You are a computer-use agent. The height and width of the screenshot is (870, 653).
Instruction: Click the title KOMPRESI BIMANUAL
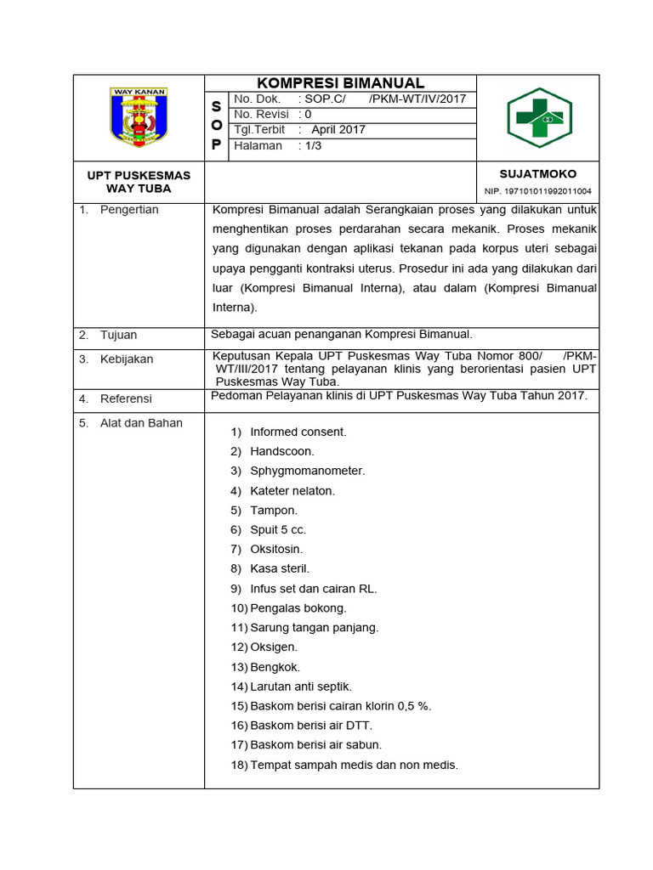tap(340, 82)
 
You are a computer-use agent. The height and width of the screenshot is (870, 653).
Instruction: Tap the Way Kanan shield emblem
tap(139, 116)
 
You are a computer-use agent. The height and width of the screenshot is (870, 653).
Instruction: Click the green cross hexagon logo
tap(539, 118)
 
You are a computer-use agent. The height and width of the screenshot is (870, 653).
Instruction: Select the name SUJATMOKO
tap(537, 174)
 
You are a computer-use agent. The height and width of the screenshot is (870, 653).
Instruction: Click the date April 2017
tap(338, 130)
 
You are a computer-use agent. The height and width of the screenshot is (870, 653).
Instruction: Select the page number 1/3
tap(309, 145)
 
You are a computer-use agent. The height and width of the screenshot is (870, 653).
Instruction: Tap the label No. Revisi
tap(262, 114)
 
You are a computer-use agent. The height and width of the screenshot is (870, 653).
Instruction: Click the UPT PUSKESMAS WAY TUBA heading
tap(139, 182)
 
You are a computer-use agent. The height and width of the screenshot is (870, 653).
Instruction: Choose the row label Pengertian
tap(129, 210)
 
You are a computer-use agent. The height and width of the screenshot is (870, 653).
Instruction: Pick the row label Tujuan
tap(118, 335)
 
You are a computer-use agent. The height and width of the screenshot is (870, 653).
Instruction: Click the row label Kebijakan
tap(127, 359)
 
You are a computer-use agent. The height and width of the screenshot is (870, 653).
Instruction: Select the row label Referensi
tap(126, 398)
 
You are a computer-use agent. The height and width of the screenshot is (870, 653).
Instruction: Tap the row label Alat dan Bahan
tap(141, 423)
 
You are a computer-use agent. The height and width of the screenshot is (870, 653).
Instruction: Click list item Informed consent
tap(298, 432)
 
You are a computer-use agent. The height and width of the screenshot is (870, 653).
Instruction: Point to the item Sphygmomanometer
tap(307, 471)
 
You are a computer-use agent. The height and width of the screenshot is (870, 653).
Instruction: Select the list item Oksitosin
tap(276, 550)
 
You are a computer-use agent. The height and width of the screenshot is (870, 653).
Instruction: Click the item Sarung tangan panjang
tap(314, 628)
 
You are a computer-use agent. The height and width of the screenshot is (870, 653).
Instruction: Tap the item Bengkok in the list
tap(275, 667)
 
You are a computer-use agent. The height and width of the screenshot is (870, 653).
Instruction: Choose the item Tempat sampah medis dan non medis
tap(354, 765)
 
